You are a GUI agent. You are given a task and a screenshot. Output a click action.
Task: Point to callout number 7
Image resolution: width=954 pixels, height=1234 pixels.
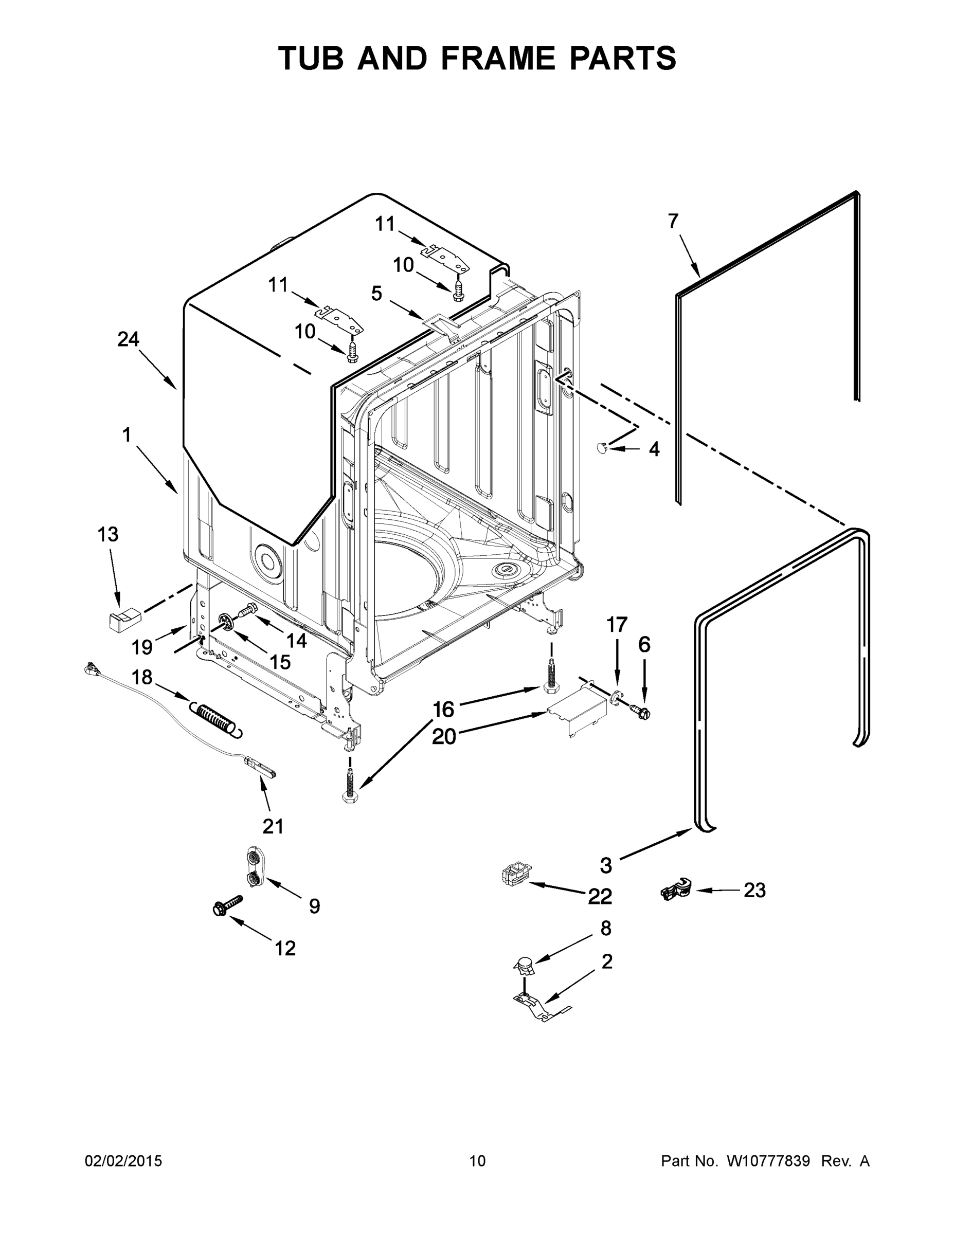[673, 221]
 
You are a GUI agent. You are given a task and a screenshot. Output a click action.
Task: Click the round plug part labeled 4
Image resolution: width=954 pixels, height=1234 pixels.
[602, 448]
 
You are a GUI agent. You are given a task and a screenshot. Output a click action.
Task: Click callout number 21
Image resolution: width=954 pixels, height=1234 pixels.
[273, 826]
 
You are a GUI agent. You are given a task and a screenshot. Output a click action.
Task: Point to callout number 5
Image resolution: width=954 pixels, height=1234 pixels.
[376, 293]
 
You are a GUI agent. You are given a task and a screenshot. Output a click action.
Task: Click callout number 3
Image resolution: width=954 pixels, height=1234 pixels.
[606, 864]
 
